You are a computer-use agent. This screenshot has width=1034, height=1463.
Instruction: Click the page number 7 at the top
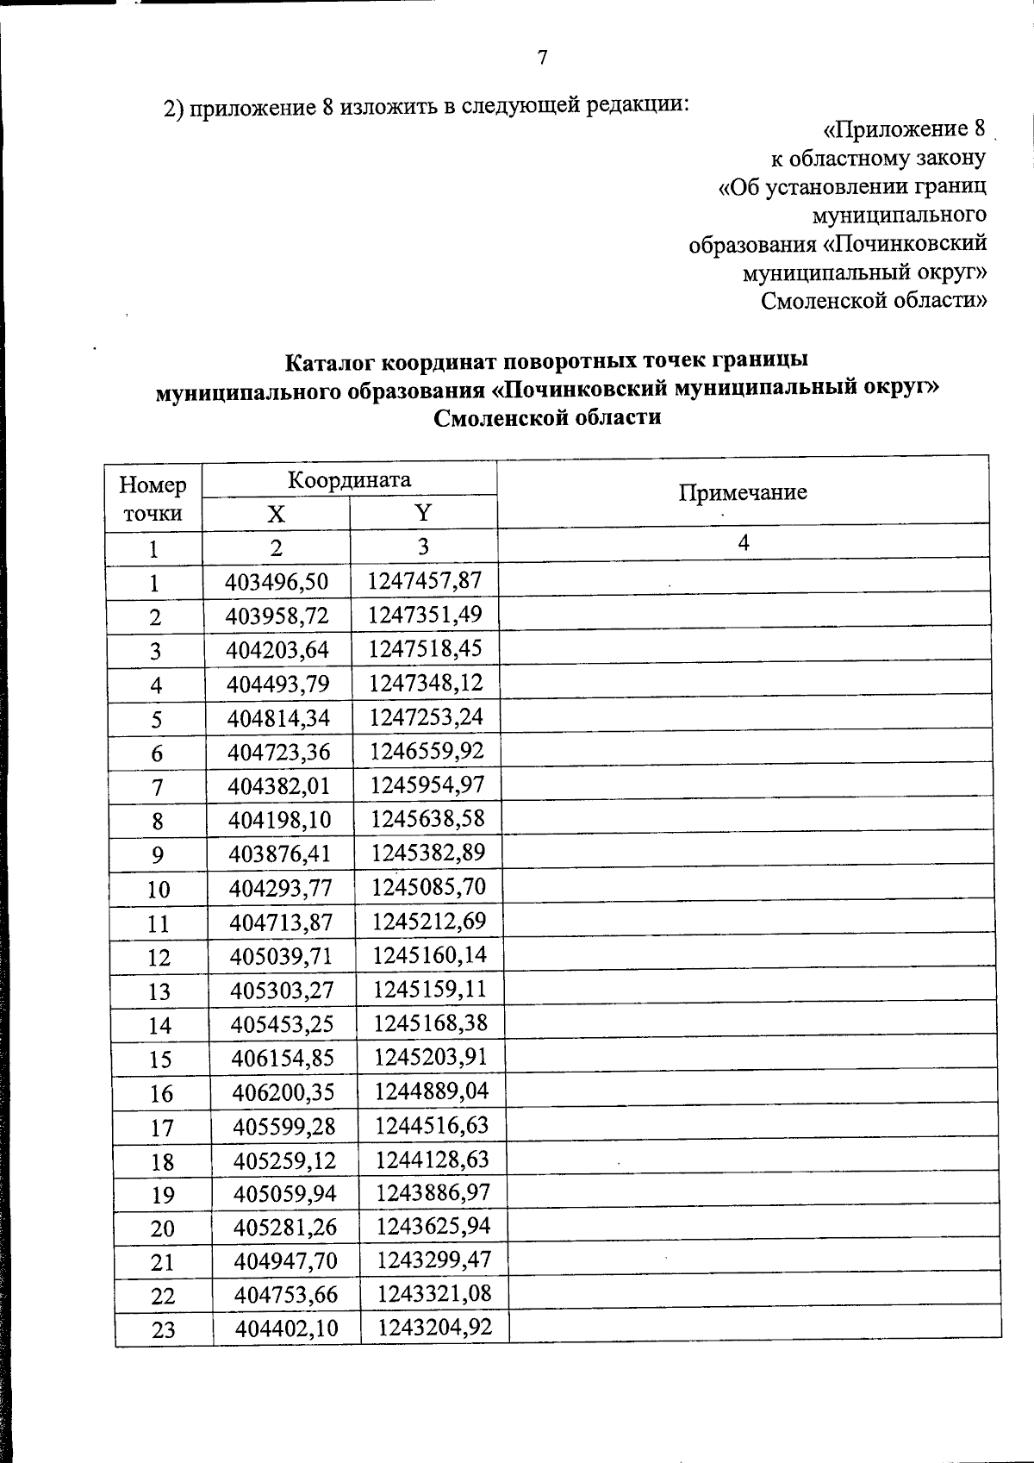click(x=542, y=58)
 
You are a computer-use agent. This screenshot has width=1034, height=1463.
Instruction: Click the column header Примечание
click(x=742, y=493)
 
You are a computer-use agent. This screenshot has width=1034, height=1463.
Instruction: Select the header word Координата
click(x=349, y=479)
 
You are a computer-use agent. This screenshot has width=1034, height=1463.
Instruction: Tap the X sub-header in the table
click(x=275, y=515)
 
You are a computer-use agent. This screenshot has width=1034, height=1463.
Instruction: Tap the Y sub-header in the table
click(x=422, y=514)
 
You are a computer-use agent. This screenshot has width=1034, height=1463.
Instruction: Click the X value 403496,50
click(x=277, y=582)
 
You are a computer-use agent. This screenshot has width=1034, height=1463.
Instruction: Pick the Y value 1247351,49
click(x=425, y=615)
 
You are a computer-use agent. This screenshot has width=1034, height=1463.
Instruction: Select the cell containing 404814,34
click(x=278, y=717)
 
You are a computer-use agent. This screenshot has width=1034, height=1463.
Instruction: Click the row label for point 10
click(x=159, y=889)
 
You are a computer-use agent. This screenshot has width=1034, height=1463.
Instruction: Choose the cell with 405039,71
click(x=281, y=956)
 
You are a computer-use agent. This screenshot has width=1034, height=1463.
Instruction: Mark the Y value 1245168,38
click(x=430, y=1023)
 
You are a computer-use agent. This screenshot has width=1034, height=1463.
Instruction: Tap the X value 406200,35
click(x=283, y=1092)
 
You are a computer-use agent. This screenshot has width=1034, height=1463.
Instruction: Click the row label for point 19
click(x=162, y=1195)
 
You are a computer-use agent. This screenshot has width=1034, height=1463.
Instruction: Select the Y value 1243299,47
click(x=433, y=1260)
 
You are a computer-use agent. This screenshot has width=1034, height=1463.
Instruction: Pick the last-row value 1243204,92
click(x=434, y=1328)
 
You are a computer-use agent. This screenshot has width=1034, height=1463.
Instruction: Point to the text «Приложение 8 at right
click(x=904, y=129)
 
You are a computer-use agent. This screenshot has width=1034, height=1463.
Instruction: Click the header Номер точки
click(x=153, y=499)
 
